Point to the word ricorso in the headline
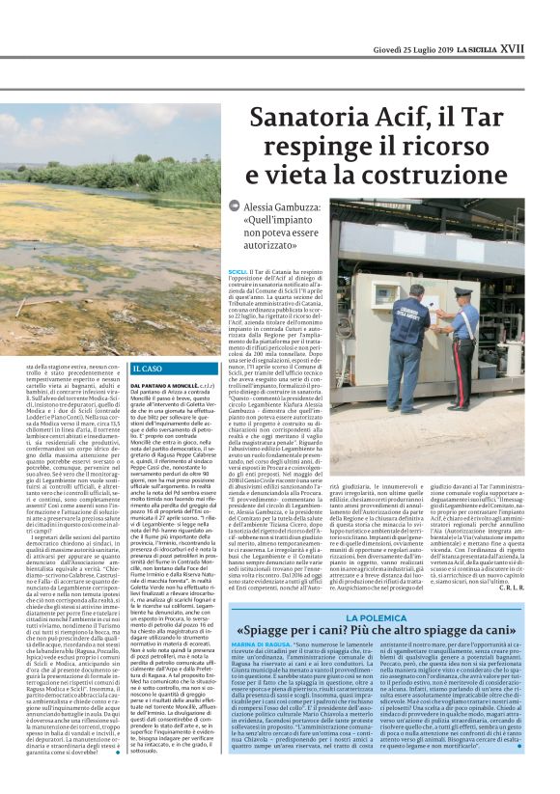tap(421, 150)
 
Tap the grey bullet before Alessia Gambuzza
tap(235, 206)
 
